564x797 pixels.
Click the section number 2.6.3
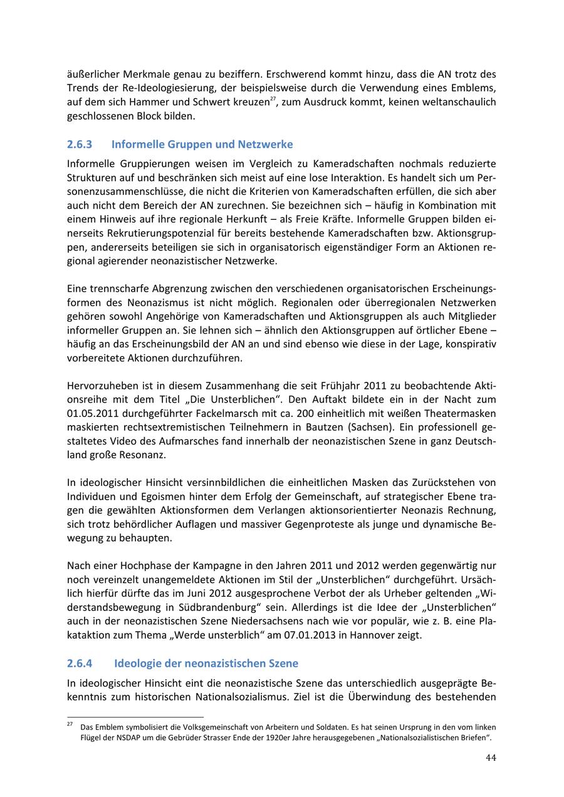(x=80, y=145)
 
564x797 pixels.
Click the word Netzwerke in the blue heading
(x=267, y=145)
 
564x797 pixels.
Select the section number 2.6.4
(x=80, y=663)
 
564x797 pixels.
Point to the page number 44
(x=491, y=758)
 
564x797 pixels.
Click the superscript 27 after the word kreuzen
(x=273, y=98)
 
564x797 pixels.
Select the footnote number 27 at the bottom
(x=70, y=724)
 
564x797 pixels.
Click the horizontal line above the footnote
(x=135, y=717)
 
